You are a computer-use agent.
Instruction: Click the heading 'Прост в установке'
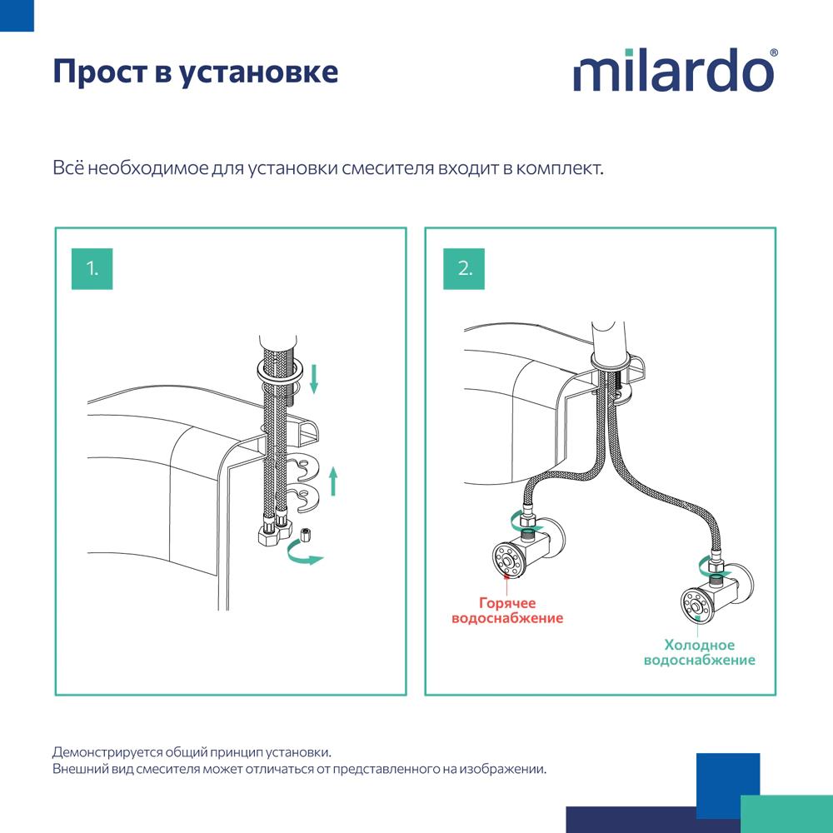click(196, 72)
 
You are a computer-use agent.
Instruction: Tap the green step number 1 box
click(92, 268)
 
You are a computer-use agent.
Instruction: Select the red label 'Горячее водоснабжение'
click(507, 611)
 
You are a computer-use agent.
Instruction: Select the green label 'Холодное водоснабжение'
click(700, 652)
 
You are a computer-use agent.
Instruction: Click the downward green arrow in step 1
click(314, 377)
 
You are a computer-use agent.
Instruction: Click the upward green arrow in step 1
click(333, 481)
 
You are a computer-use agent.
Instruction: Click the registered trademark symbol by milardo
click(774, 52)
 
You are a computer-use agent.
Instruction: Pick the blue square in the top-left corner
click(17, 16)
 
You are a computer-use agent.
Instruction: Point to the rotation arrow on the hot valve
click(526, 526)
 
